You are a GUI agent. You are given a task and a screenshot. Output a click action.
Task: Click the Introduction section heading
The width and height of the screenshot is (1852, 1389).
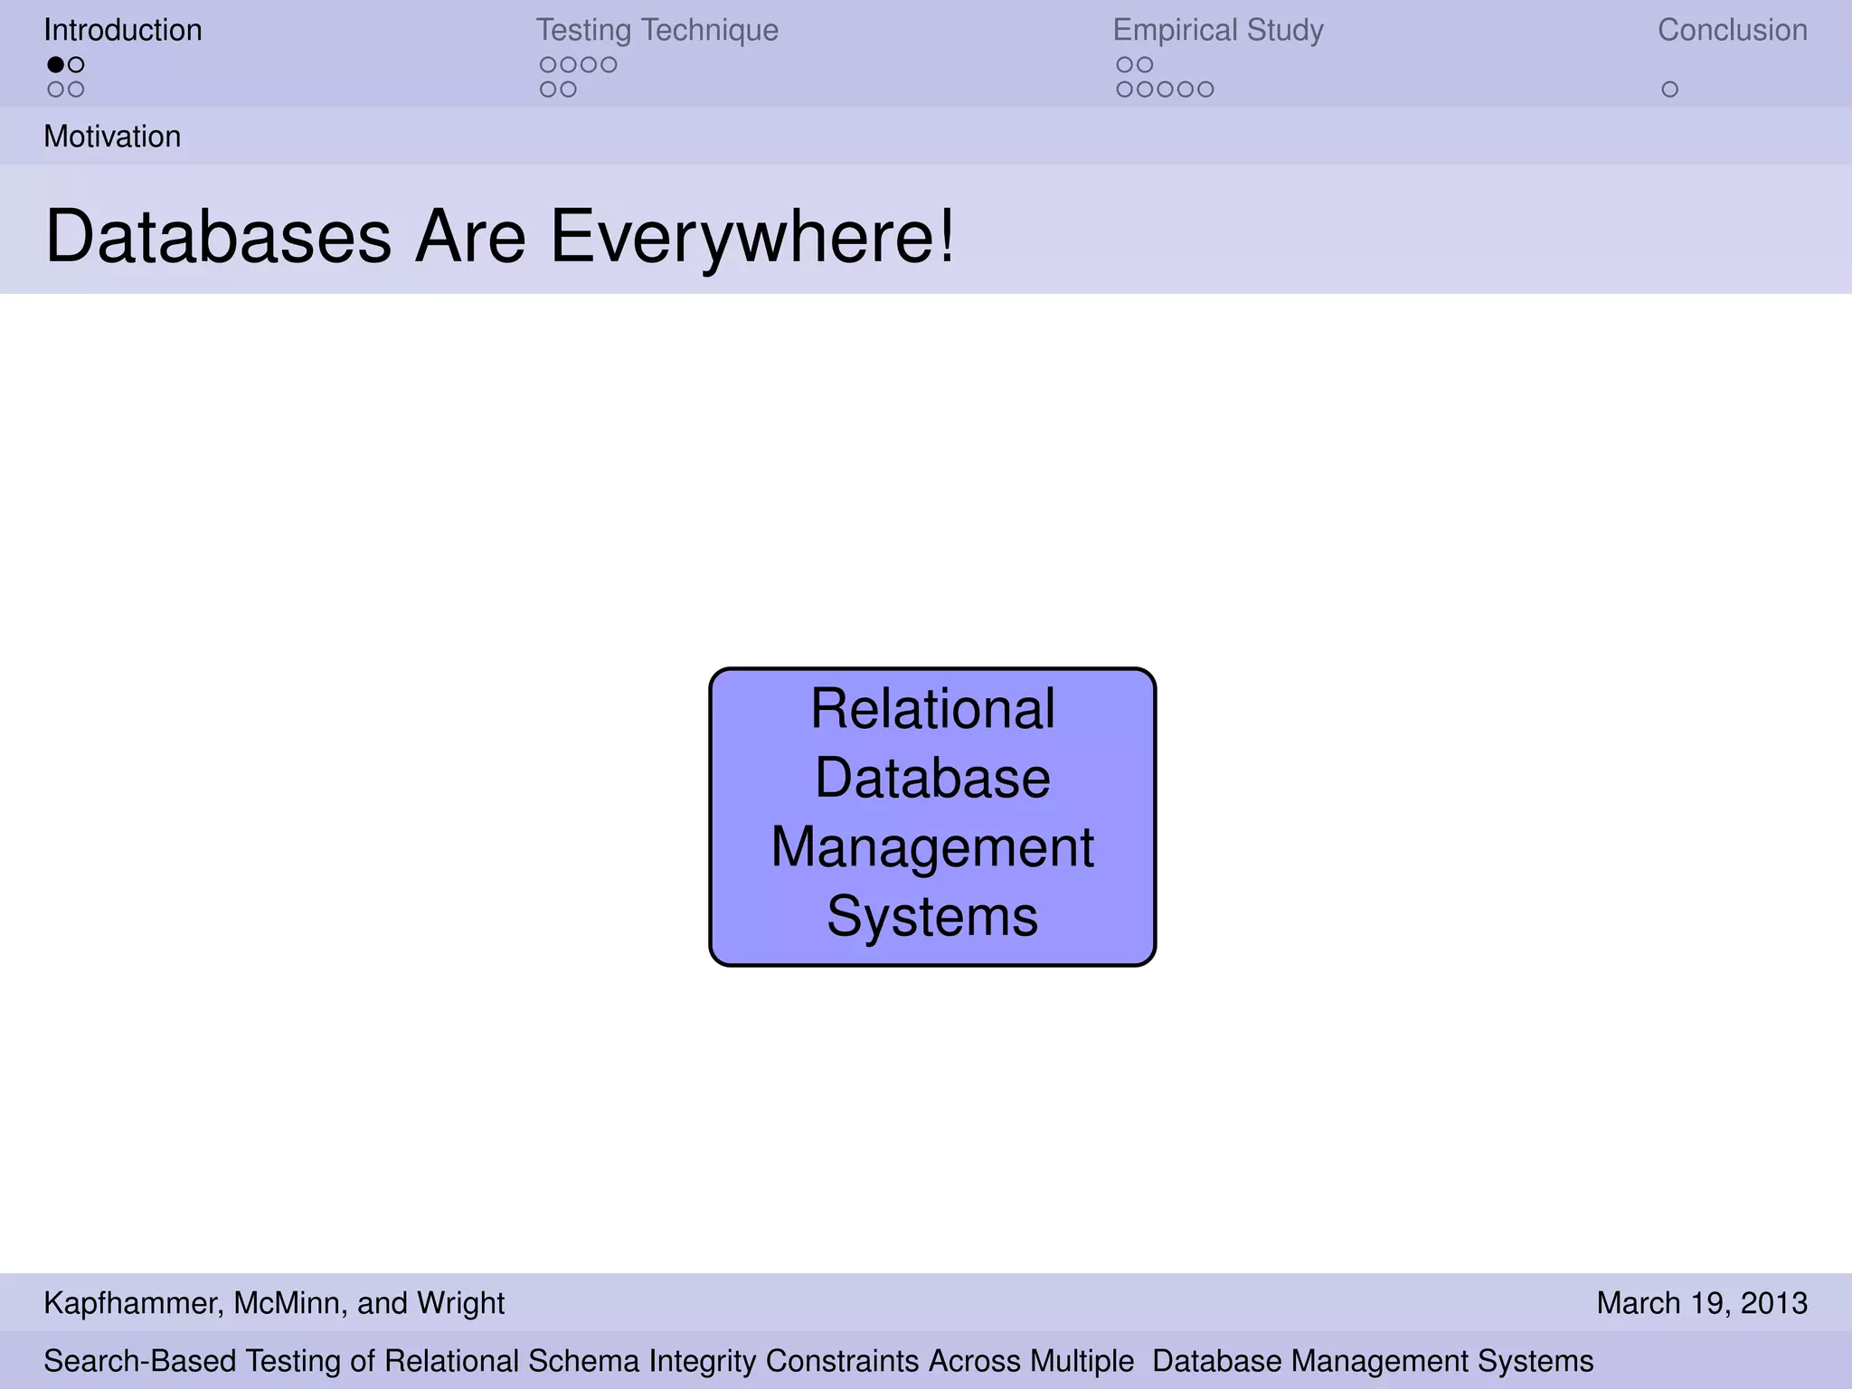[x=123, y=30]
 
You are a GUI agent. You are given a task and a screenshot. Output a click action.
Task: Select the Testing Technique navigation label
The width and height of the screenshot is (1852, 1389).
[x=657, y=30]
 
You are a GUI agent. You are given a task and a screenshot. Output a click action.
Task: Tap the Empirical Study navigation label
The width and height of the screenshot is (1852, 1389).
[x=1217, y=30]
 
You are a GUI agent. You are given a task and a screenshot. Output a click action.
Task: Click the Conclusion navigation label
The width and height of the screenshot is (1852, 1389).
[x=1732, y=30]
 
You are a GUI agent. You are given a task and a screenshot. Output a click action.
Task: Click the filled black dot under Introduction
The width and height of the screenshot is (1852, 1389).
[x=56, y=64]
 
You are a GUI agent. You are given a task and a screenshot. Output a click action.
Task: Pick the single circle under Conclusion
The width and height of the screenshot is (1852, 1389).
[x=1669, y=90]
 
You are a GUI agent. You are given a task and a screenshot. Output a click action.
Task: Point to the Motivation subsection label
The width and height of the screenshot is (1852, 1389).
[x=112, y=137]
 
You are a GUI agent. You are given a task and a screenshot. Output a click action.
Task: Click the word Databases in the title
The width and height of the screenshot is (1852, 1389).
[x=218, y=236]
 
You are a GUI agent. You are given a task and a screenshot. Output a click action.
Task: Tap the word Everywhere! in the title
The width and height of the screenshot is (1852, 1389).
[x=751, y=236]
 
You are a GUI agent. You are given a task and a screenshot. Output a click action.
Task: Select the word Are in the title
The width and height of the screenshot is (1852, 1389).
[x=469, y=236]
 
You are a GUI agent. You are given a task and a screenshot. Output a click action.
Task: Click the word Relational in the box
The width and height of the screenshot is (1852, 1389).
[x=932, y=708]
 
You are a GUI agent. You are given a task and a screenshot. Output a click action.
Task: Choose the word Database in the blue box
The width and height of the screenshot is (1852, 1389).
[x=932, y=778]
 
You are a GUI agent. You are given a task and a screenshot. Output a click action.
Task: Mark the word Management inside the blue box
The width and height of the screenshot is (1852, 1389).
[x=932, y=847]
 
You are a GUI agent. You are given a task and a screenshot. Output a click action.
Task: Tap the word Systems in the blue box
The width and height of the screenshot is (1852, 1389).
[x=932, y=917]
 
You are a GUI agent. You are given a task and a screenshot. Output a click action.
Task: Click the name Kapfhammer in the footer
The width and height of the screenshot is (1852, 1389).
[x=131, y=1303]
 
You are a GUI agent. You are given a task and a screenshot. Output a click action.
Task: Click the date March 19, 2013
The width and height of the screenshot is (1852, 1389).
[x=1702, y=1303]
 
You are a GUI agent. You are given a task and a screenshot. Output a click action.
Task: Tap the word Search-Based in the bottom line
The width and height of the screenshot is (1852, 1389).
[x=140, y=1361]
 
